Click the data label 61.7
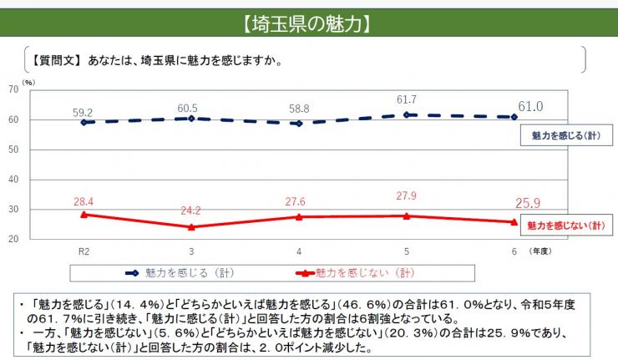[406, 100]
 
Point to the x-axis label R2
[83, 251]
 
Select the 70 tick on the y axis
[13, 89]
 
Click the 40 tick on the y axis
[13, 180]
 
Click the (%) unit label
[28, 82]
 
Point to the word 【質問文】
[56, 60]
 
